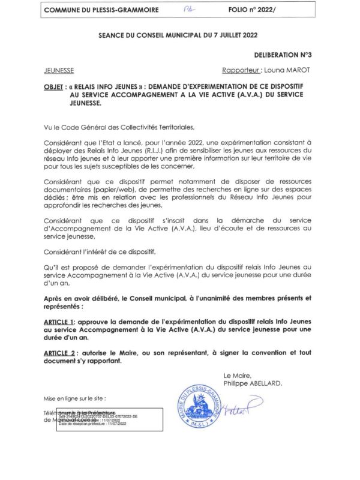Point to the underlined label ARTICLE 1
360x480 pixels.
click(x=62, y=322)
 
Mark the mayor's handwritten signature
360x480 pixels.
click(x=243, y=408)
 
